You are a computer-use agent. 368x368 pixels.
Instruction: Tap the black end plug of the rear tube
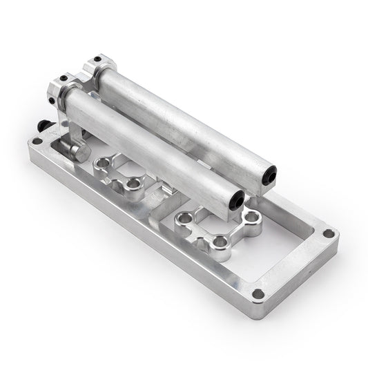click(270, 177)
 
